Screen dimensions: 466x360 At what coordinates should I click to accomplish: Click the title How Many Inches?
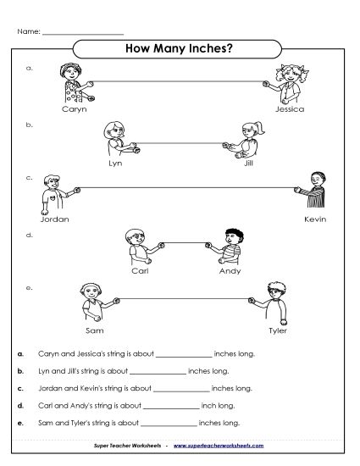179,48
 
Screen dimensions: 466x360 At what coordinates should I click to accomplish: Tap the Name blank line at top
82,33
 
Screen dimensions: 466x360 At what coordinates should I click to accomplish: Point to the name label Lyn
115,163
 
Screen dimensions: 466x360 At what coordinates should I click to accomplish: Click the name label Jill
248,163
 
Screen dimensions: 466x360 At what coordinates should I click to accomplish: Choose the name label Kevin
314,218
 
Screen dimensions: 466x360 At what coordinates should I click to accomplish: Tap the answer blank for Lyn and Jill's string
158,373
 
